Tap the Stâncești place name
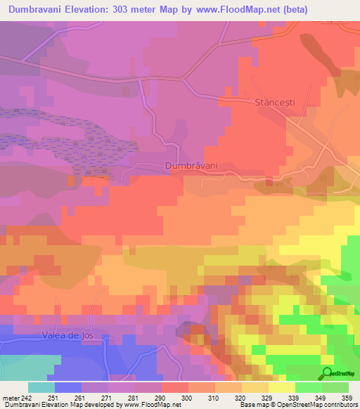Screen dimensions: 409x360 [x=275, y=103]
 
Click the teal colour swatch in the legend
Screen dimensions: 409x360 [x=41, y=387]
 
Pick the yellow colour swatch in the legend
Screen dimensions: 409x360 [x=282, y=387]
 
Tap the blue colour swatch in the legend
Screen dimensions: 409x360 [x=68, y=387]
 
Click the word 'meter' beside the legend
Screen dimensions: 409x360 [x=9, y=397]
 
